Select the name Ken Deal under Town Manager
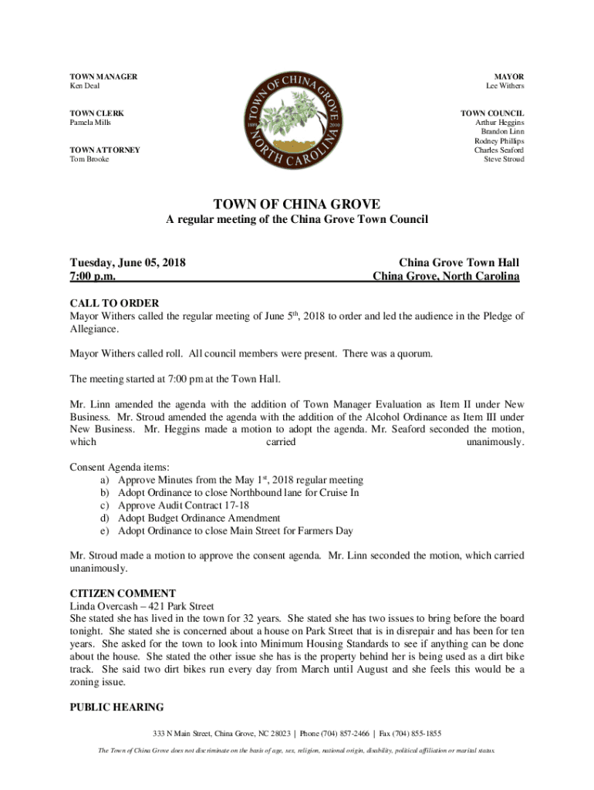pyautogui.click(x=85, y=86)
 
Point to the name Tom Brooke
pyautogui.click(x=89, y=159)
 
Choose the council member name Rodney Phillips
pyautogui.click(x=499, y=141)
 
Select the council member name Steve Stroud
pyautogui.click(x=504, y=159)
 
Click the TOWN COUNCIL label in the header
pyautogui.click(x=493, y=113)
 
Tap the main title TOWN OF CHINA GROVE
pyautogui.click(x=296, y=204)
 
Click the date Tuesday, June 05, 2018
pyautogui.click(x=127, y=262)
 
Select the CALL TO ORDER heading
pyautogui.click(x=114, y=303)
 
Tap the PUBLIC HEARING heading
pyautogui.click(x=116, y=707)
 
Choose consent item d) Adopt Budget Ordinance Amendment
pyautogui.click(x=199, y=518)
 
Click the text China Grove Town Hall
pyautogui.click(x=458, y=262)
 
